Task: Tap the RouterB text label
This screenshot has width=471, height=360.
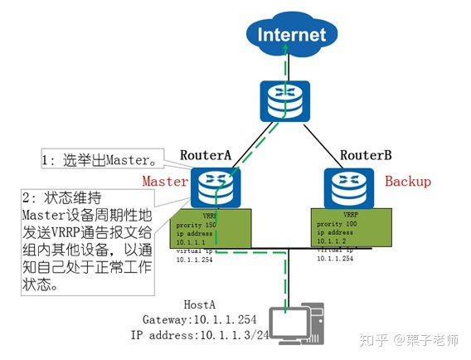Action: pyautogui.click(x=364, y=155)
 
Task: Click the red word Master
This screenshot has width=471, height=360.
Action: pyautogui.click(x=166, y=180)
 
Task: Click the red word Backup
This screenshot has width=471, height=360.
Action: pyautogui.click(x=408, y=181)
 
